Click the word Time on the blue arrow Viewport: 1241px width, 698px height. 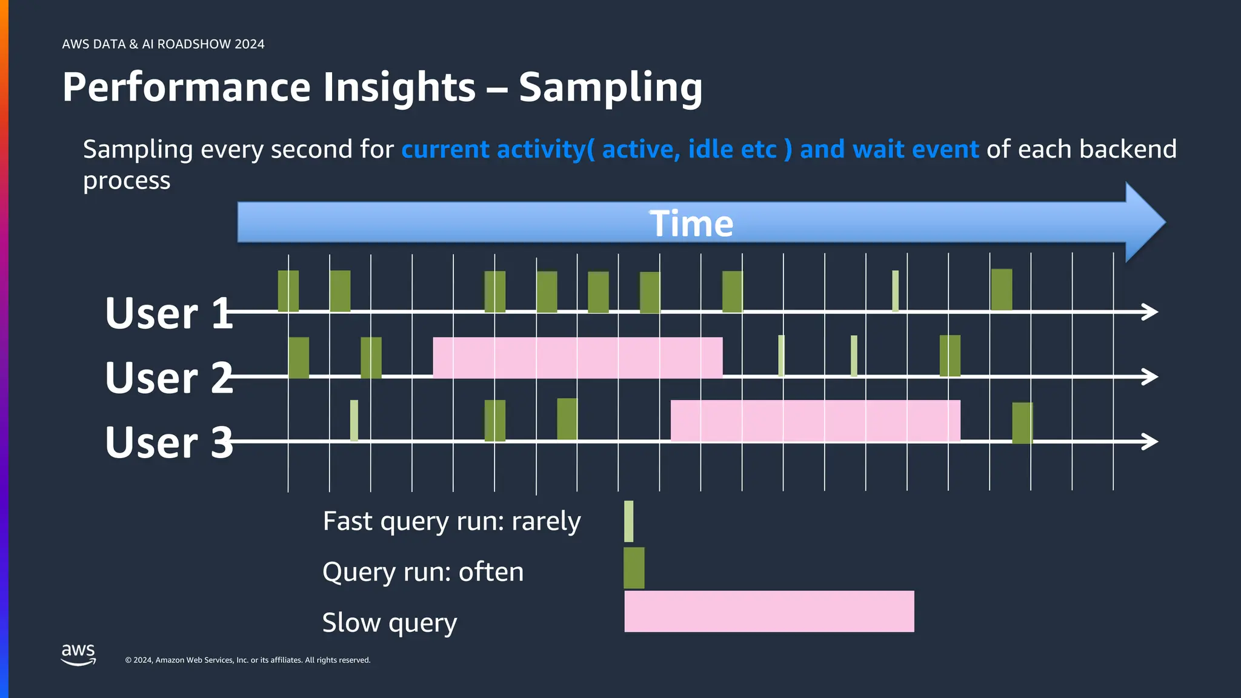tap(691, 224)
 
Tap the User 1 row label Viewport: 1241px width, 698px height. tap(168, 313)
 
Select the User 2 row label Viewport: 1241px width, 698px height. tap(168, 377)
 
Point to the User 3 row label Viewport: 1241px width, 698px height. tap(168, 442)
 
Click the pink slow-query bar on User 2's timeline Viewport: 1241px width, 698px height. tap(577, 357)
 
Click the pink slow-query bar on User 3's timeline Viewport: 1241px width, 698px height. tap(814, 420)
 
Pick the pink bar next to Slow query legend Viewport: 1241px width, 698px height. tap(768, 611)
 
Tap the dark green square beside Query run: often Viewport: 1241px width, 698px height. tap(634, 568)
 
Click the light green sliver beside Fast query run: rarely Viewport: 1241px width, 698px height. tap(628, 521)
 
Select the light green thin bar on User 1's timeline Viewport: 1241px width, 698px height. tap(895, 291)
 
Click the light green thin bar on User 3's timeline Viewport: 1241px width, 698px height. tap(354, 420)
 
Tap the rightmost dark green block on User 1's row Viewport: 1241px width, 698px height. tap(1001, 290)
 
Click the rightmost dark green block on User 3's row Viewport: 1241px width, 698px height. tap(1022, 423)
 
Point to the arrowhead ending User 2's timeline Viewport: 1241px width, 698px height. tap(1150, 376)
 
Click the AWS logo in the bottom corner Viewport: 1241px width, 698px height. tap(78, 654)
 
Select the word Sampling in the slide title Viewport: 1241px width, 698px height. tap(610, 87)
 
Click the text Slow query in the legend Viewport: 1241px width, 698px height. tap(389, 622)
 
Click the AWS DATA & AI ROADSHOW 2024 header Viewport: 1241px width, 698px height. tap(163, 44)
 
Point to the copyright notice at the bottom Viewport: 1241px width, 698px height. tap(247, 660)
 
